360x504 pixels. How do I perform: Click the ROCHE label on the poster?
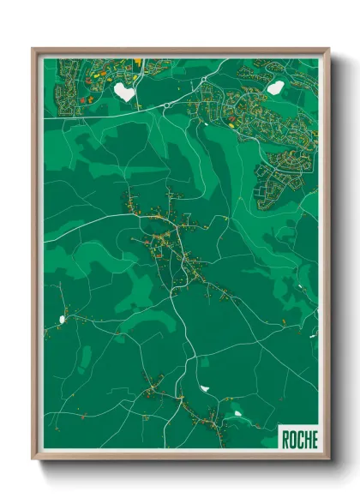pos(298,440)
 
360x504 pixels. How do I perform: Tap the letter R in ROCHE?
pos(285,440)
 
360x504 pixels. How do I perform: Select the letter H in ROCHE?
pos(306,440)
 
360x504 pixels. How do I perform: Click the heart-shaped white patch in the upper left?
pos(124,91)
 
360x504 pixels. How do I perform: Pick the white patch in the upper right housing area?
pos(274,87)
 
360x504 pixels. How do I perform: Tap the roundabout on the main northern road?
pos(165,105)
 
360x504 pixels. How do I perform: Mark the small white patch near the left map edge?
pos(62,320)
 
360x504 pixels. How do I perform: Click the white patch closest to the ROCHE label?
pos(237,415)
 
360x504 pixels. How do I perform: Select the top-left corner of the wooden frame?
pos(33,49)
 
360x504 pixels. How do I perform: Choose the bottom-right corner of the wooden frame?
pos(329,459)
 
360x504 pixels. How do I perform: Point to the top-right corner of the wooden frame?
pos(329,49)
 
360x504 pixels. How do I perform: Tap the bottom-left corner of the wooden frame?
pos(33,459)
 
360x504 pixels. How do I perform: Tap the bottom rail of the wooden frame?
pos(180,457)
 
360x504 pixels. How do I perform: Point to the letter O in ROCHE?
pos(292,440)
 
